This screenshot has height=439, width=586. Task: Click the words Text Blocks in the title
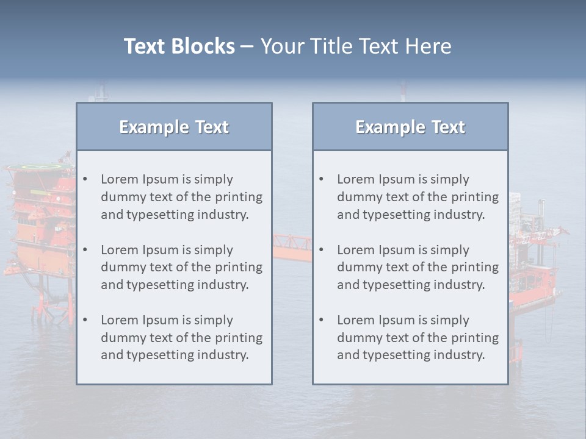(179, 46)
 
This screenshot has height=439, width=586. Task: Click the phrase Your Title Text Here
(356, 46)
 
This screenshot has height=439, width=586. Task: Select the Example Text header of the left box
(174, 127)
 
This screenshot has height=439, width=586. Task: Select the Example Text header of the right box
(410, 127)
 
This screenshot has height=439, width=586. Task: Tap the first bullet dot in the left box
(85, 179)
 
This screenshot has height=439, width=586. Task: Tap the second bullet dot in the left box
(85, 250)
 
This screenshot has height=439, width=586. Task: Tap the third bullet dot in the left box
(85, 320)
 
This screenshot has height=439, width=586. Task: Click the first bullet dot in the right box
(321, 179)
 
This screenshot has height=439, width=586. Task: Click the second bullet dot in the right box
(321, 250)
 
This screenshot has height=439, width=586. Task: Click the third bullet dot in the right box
(321, 320)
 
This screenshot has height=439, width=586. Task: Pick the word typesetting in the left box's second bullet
(161, 285)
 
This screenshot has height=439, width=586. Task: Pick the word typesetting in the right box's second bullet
(397, 285)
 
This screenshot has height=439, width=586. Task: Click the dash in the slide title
(247, 46)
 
